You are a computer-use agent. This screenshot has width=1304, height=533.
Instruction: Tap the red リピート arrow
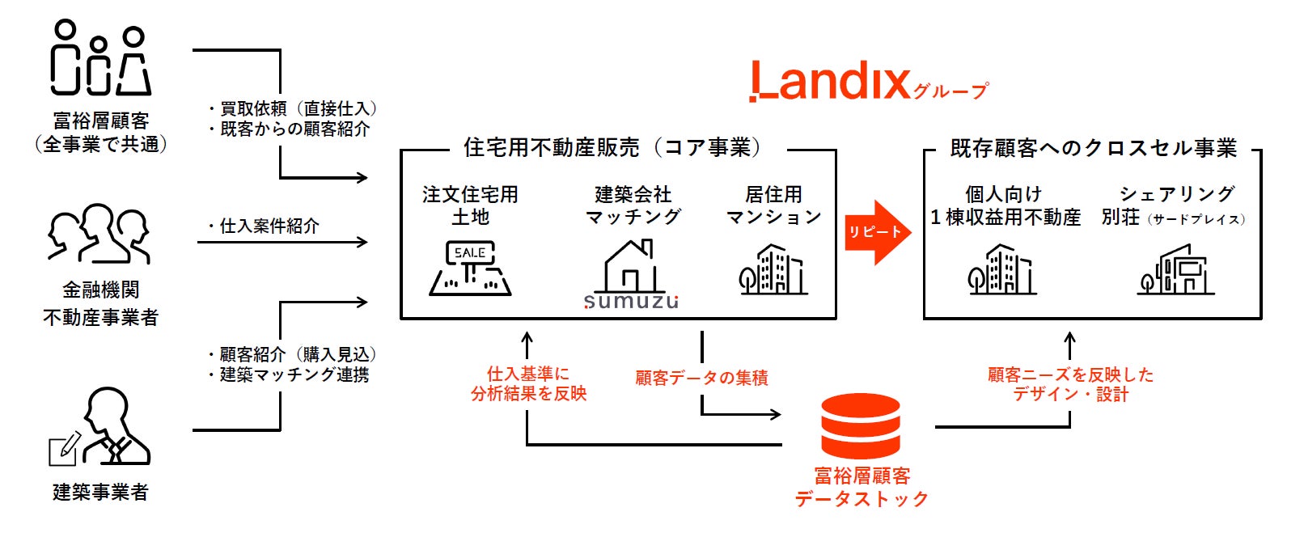877,232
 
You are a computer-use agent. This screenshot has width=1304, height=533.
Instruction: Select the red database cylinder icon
860,426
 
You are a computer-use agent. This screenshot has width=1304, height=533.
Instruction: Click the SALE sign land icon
470,269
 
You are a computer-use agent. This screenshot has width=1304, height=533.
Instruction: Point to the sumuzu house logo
631,276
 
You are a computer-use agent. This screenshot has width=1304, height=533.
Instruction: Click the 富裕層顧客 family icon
100,59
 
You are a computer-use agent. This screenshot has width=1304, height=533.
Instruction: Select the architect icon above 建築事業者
100,427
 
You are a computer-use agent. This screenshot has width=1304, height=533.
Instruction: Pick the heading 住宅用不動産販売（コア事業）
612,148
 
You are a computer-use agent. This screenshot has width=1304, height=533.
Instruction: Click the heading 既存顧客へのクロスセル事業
1093,149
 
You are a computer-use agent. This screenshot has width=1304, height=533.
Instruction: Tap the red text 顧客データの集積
701,378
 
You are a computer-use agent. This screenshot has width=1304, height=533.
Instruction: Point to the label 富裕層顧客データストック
862,487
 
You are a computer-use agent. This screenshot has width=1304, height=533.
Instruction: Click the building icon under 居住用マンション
773,269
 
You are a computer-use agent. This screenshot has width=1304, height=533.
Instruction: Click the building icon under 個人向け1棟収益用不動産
1002,269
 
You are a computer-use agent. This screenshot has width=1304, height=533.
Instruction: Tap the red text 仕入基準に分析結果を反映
528,383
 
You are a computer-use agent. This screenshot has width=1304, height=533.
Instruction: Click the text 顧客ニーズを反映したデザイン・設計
1070,384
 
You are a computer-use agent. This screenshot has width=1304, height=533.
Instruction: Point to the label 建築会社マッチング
633,205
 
